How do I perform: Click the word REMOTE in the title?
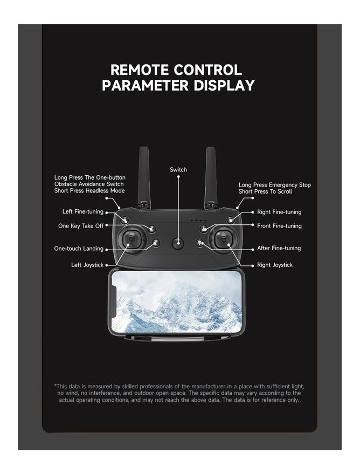coord(140,70)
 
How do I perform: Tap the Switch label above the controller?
coord(178,169)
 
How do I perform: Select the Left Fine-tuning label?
coord(83,211)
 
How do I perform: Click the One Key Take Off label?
coord(81,226)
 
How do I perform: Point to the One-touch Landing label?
coord(79,249)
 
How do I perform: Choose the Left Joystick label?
coord(87,265)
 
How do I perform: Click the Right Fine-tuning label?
coord(279,212)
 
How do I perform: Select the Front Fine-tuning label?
coord(279,226)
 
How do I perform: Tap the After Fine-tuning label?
coord(279,248)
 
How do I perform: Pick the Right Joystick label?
coord(275,265)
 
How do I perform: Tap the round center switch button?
coord(178,243)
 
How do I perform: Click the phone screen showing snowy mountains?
coord(177,302)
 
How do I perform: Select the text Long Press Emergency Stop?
coord(274,185)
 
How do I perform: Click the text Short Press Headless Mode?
coord(89,191)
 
